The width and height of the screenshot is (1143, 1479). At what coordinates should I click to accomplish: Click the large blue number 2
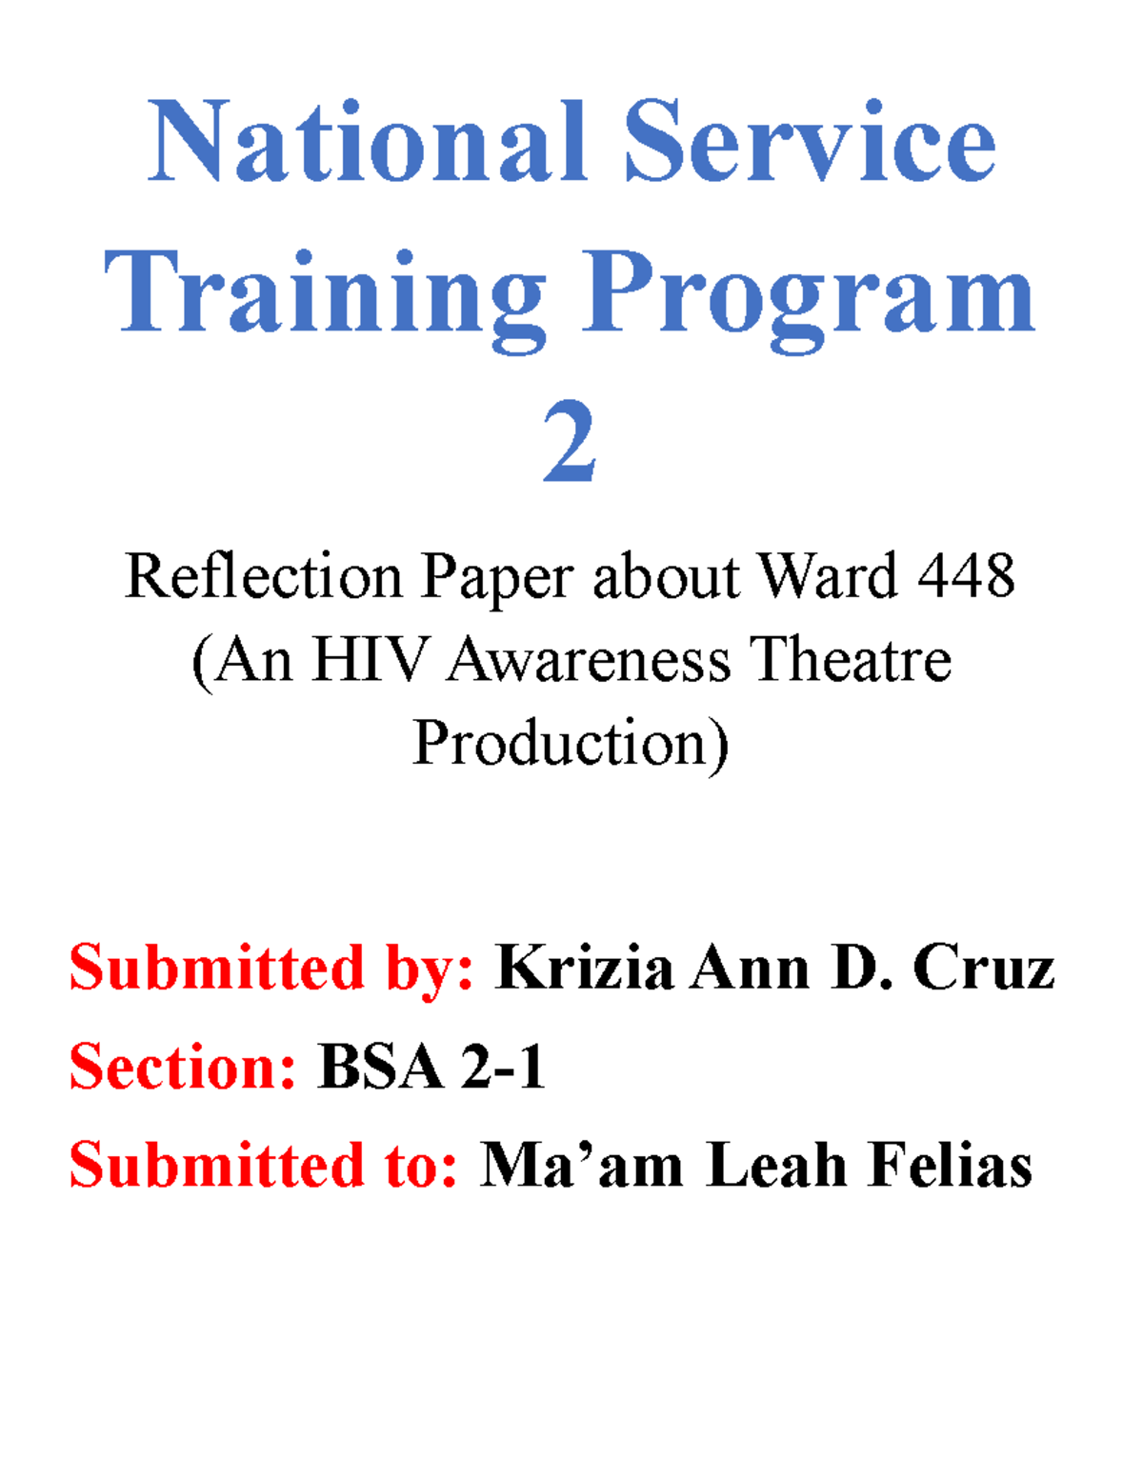(570, 443)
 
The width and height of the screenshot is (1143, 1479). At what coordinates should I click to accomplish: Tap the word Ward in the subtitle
(827, 577)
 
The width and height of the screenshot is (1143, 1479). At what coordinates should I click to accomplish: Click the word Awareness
(588, 660)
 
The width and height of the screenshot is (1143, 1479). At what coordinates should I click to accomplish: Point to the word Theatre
(850, 660)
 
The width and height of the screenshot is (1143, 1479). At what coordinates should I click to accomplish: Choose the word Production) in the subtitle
(571, 744)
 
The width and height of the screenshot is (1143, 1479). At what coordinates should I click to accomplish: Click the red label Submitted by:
(271, 969)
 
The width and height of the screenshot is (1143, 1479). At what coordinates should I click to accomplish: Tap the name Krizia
(584, 969)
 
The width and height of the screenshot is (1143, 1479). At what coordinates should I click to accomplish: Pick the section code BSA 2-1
(431, 1067)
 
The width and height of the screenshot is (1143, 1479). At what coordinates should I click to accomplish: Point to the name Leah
(776, 1165)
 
